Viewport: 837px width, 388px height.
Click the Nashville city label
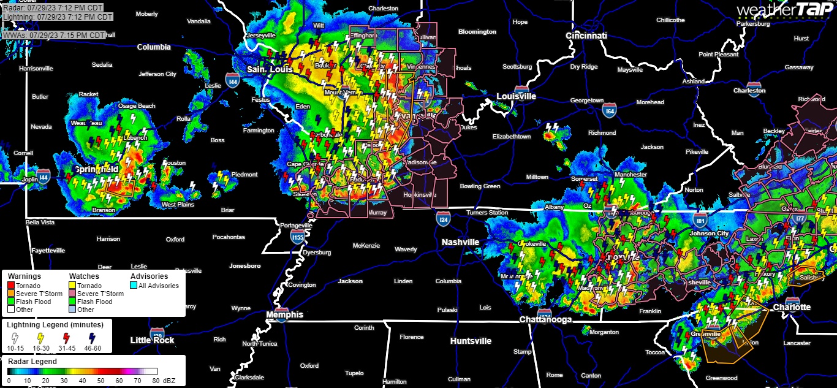460,242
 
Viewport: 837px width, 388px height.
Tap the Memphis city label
284,314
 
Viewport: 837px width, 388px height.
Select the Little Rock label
152,340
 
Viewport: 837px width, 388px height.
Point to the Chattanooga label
545,319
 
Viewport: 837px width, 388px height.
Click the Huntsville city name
471,341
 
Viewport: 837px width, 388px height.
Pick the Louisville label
516,96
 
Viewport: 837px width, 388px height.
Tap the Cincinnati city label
586,36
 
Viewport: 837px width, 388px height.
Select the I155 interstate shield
297,236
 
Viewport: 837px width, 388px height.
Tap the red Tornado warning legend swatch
11,286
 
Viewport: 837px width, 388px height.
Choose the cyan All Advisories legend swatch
134,286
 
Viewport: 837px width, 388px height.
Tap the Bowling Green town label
480,186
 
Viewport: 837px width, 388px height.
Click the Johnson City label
710,234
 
